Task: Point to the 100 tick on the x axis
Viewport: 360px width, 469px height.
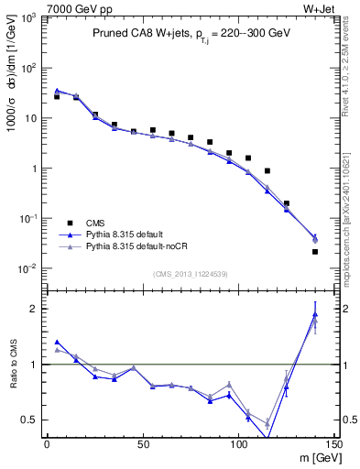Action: pos(238,443)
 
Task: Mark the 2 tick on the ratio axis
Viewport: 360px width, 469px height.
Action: pos(34,309)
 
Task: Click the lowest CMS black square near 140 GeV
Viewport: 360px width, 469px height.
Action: pos(315,251)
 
